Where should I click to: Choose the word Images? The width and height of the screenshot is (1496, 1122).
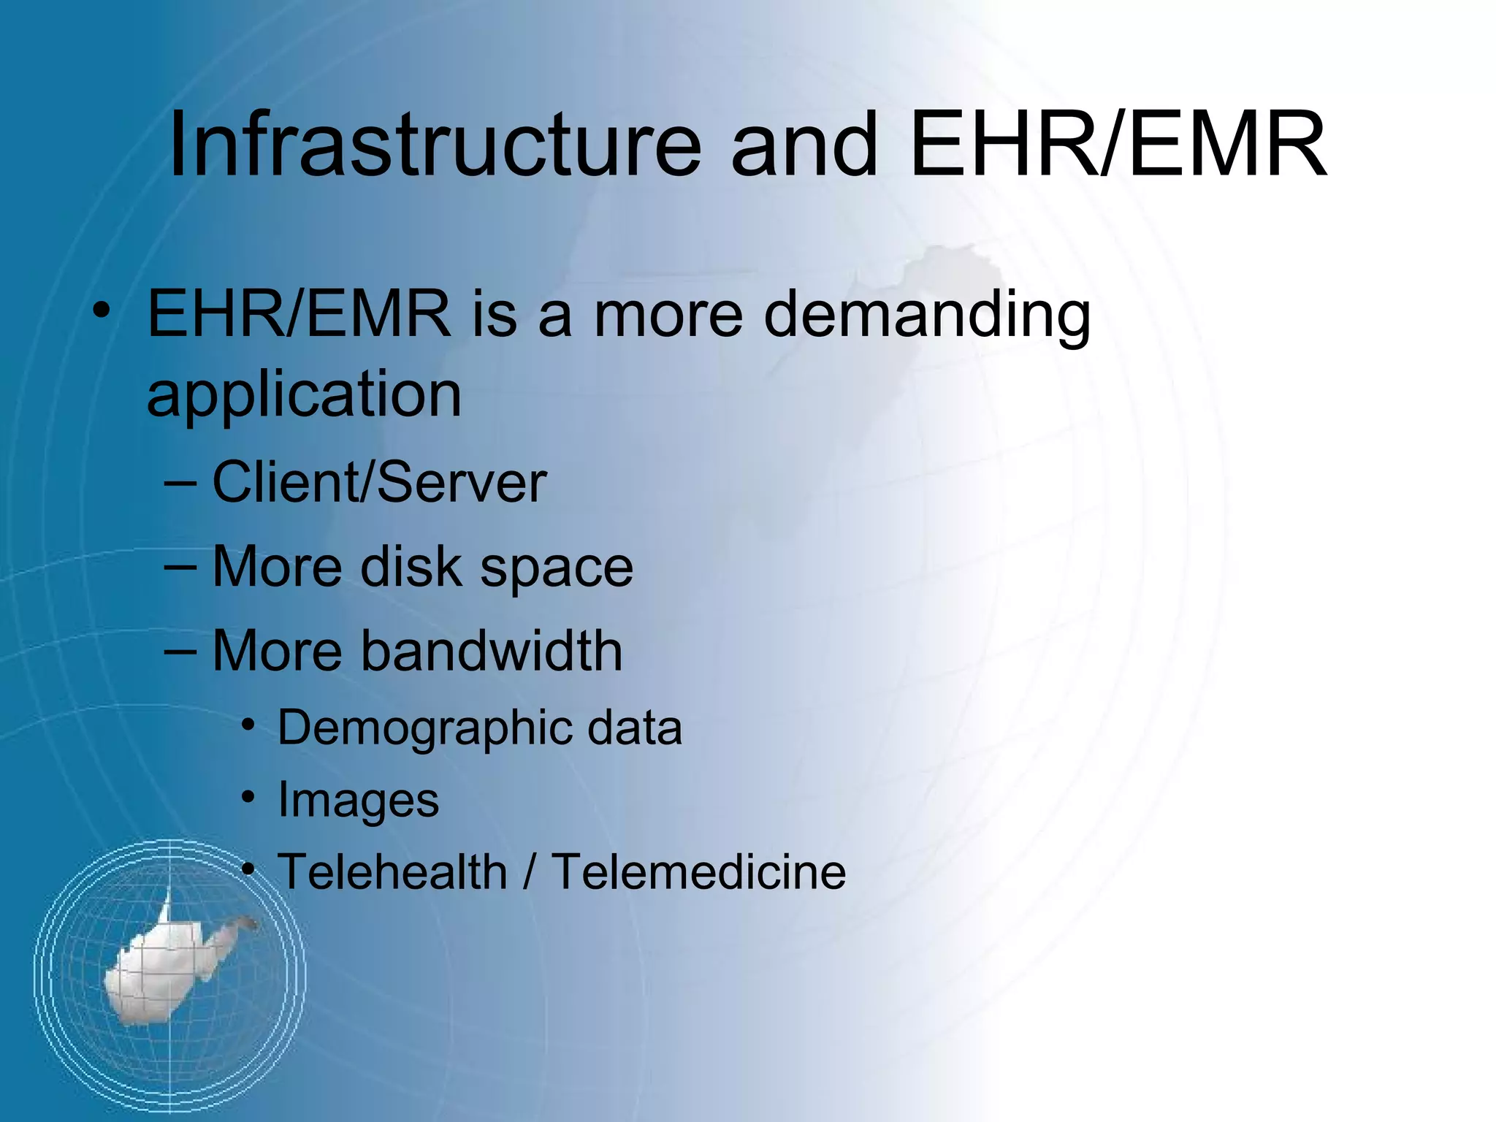pyautogui.click(x=358, y=801)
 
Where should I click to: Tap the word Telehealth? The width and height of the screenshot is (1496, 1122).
pyautogui.click(x=392, y=871)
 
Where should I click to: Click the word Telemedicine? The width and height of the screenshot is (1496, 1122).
pyautogui.click(x=698, y=871)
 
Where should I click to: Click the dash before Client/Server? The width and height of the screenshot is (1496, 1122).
pyautogui.click(x=180, y=484)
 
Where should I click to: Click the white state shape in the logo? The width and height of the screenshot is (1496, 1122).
pyautogui.click(x=168, y=964)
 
